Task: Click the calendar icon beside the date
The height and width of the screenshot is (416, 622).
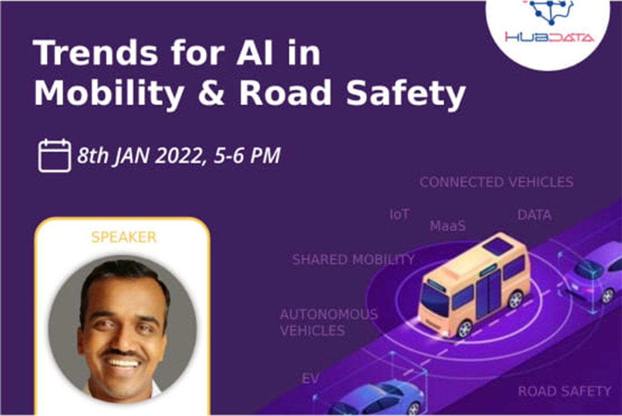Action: (55, 155)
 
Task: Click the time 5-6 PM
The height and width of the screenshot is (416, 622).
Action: (247, 156)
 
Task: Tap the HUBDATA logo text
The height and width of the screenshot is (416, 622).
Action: (549, 37)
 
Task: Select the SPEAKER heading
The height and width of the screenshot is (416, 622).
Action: (124, 237)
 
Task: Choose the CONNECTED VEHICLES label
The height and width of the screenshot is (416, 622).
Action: (496, 182)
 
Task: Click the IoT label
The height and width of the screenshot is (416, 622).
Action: (399, 214)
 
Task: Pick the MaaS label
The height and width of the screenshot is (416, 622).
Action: (447, 226)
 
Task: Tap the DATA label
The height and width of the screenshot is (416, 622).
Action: (534, 215)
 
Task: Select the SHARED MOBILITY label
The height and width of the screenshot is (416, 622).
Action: (353, 259)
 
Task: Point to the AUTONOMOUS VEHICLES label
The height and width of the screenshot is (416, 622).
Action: (328, 322)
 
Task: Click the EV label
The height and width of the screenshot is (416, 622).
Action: (310, 379)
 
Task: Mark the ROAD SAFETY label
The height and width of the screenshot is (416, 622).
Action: (564, 391)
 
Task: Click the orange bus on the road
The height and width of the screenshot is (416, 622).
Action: (473, 284)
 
